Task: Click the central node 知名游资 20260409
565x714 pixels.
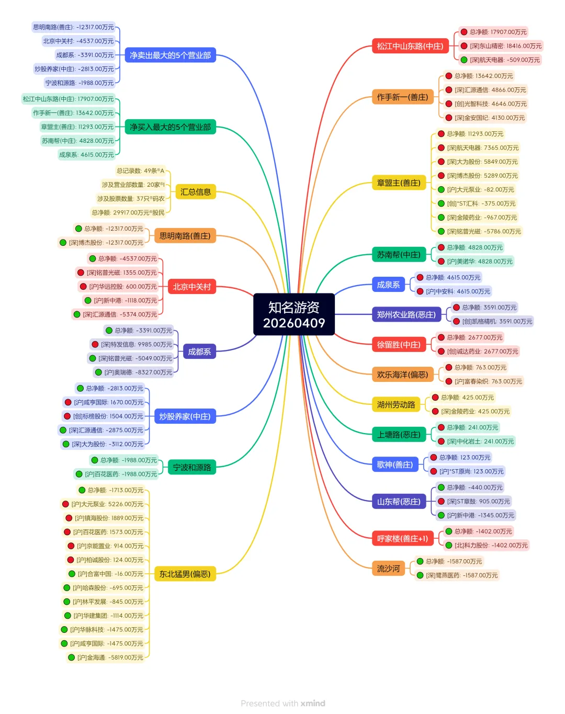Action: (x=293, y=314)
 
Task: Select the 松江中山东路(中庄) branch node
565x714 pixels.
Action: (x=410, y=46)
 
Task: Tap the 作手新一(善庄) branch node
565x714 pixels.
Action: (x=402, y=97)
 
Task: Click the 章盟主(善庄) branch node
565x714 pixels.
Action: (x=398, y=183)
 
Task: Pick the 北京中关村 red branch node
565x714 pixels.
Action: (x=191, y=287)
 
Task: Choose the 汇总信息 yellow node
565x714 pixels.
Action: (x=195, y=192)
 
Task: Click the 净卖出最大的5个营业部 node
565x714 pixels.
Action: (x=170, y=55)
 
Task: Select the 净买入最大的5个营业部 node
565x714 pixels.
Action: (x=170, y=127)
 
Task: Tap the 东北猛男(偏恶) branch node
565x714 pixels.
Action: (x=185, y=574)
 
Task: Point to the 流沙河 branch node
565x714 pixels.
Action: (x=388, y=569)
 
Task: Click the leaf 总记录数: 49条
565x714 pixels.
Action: (x=140, y=171)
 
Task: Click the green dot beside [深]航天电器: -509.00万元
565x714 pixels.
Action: (x=464, y=60)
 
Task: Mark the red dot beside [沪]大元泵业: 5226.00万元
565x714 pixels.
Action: (x=65, y=504)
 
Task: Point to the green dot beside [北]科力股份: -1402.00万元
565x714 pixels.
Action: (x=448, y=546)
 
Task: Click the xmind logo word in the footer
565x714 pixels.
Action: (x=313, y=704)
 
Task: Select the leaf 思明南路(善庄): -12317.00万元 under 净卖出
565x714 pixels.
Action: (x=73, y=27)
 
